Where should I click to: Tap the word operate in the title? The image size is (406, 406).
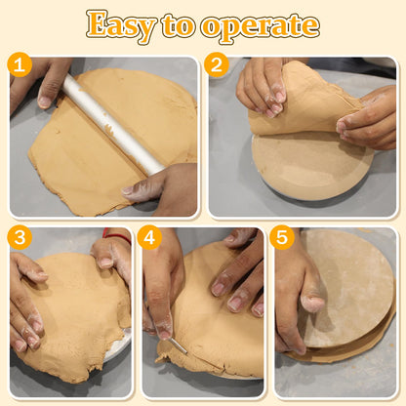coord(260,27)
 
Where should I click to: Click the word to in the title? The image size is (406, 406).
coord(178,26)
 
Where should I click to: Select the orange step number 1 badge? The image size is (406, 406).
coord(20,64)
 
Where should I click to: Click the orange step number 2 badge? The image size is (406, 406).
coord(217,64)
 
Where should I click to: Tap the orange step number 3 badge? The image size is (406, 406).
coord(20,237)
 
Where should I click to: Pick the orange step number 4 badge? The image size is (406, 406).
coord(149,237)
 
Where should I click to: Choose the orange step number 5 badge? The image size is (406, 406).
coord(282,237)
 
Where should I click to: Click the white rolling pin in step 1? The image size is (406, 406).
coord(114,125)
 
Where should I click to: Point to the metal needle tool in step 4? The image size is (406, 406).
coord(178,346)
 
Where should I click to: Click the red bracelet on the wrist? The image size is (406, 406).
coord(117,236)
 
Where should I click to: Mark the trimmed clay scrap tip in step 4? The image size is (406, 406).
coord(159,359)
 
